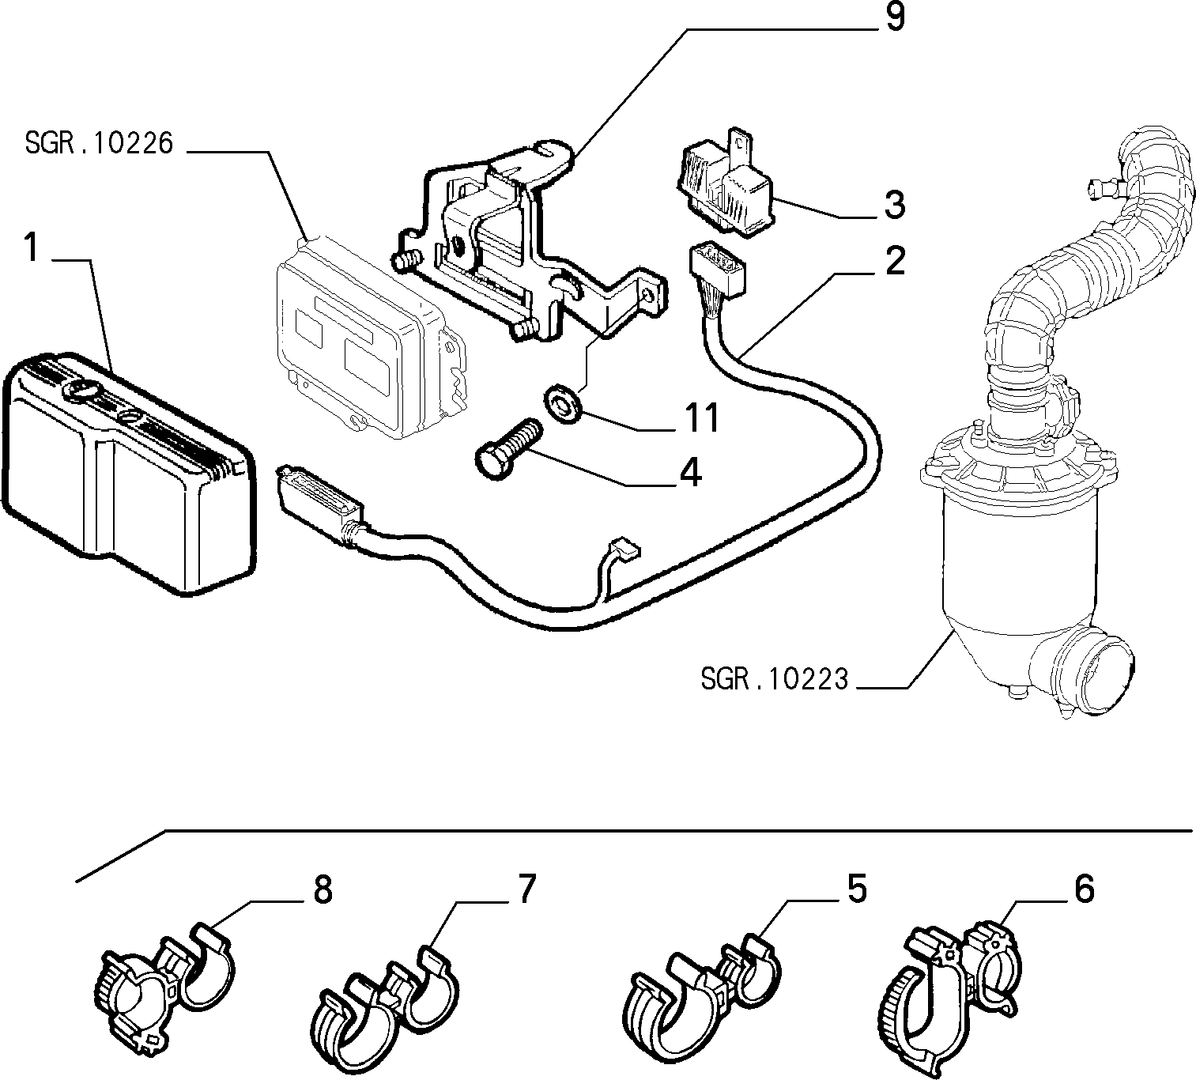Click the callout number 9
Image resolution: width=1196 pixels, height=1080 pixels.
click(894, 17)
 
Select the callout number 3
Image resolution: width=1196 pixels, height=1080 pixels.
click(894, 205)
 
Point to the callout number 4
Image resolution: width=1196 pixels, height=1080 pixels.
click(690, 473)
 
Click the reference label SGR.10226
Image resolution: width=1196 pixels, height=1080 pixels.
click(99, 144)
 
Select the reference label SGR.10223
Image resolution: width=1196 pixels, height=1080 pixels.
click(775, 679)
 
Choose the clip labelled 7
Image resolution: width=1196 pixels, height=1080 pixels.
click(384, 1011)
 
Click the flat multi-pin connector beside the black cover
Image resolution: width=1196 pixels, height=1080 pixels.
click(319, 502)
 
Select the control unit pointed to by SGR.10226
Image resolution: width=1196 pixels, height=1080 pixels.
click(371, 338)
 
